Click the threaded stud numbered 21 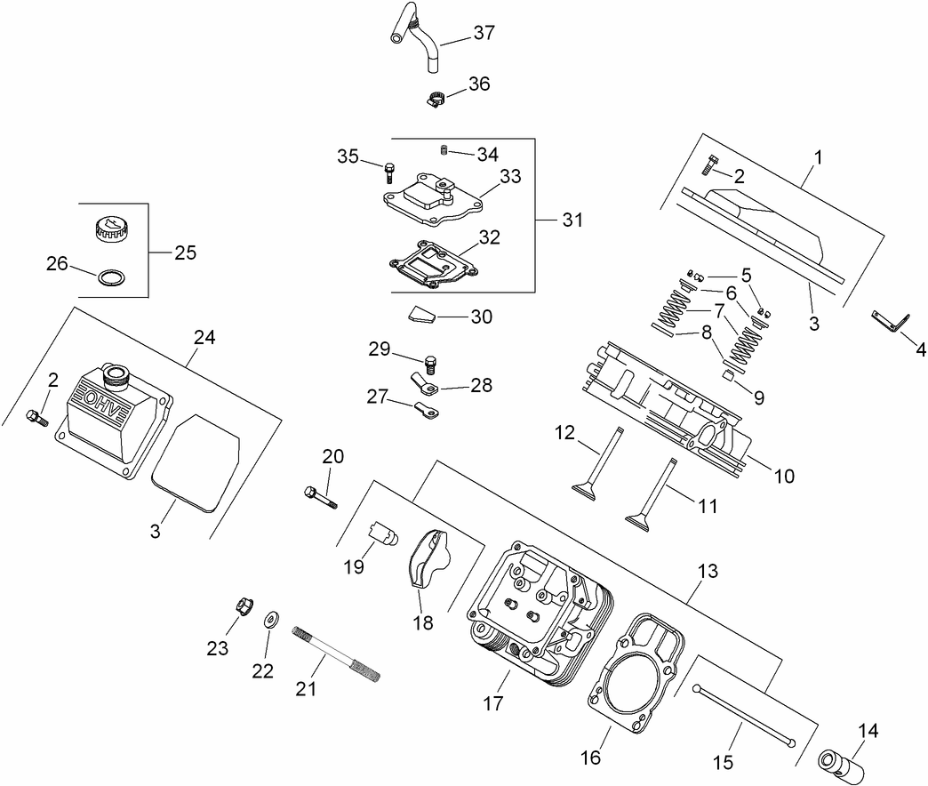pyautogui.click(x=338, y=653)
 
